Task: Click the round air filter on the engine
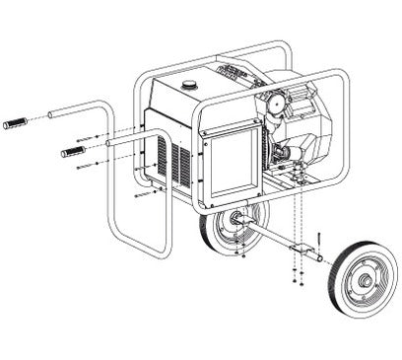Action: click(x=276, y=103)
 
